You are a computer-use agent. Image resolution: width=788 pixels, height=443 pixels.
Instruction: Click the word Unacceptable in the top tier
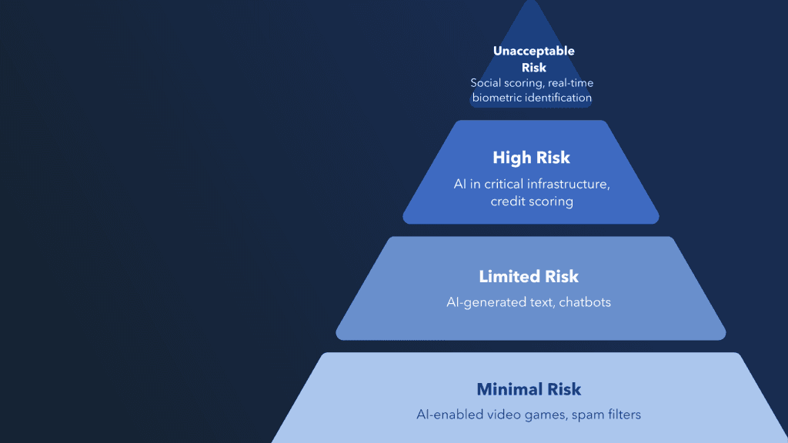click(534, 52)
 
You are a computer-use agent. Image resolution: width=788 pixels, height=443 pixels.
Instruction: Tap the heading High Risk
click(531, 158)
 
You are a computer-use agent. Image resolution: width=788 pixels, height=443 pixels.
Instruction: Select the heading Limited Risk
click(529, 276)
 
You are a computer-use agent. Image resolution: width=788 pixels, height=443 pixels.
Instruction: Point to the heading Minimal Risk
click(529, 389)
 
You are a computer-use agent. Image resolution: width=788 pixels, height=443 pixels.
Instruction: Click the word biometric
click(496, 98)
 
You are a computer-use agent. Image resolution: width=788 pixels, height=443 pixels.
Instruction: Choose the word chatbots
click(585, 302)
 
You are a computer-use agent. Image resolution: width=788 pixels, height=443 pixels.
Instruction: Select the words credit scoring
click(532, 202)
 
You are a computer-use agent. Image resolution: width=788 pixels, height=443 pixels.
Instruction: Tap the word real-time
click(570, 83)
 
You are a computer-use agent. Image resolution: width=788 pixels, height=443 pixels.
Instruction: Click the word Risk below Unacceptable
click(534, 68)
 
